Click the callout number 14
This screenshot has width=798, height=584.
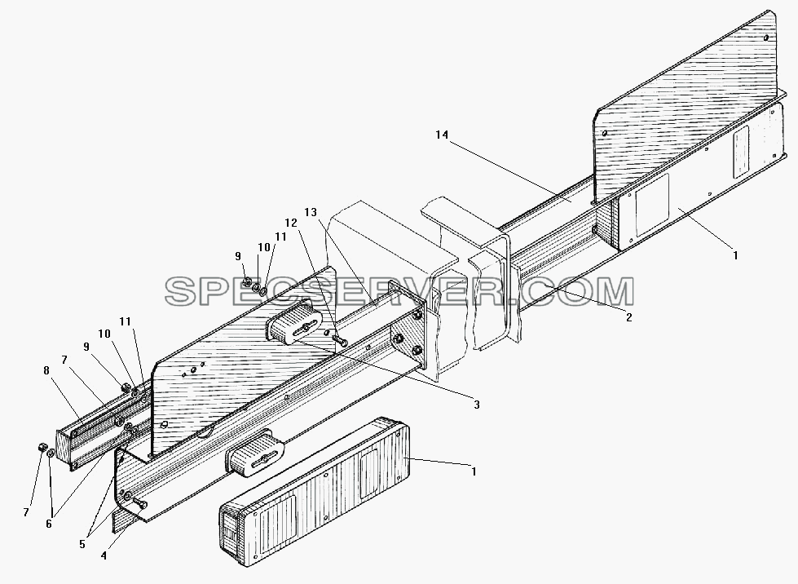[442, 135]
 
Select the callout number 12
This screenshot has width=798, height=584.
[291, 223]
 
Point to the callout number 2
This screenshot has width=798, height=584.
[629, 317]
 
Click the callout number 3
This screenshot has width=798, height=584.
[476, 405]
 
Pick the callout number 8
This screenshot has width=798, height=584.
[46, 370]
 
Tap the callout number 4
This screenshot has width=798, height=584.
[104, 556]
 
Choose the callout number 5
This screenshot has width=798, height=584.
[82, 544]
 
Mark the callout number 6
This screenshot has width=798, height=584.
[49, 524]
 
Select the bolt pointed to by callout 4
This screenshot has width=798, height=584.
[140, 503]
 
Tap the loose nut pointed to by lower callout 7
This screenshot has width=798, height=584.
[40, 447]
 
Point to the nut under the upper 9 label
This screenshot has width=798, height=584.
[245, 281]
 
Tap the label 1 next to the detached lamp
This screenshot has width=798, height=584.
[474, 471]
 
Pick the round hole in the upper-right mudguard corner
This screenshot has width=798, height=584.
[766, 38]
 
